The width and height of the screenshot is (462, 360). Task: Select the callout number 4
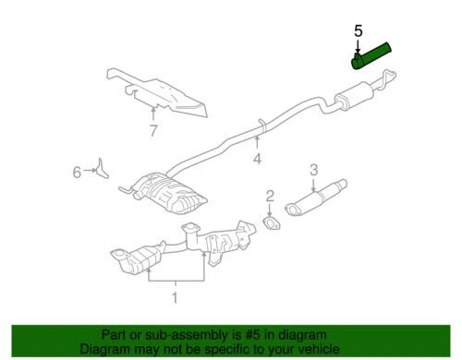click(x=257, y=158)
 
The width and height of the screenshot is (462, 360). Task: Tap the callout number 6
click(x=78, y=170)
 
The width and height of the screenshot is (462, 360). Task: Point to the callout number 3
click(x=313, y=170)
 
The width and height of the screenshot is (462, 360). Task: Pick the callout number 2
click(x=270, y=196)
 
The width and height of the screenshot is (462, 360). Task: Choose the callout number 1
click(x=171, y=296)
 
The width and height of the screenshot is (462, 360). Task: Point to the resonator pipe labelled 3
click(x=314, y=202)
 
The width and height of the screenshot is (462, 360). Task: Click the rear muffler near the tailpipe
click(x=359, y=96)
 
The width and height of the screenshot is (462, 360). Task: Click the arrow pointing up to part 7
click(x=152, y=113)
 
